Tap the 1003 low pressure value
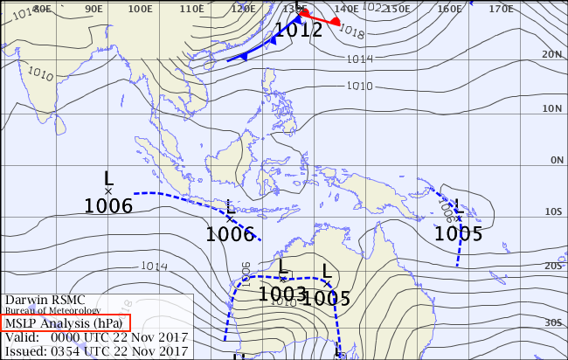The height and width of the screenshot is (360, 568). [x=282, y=294]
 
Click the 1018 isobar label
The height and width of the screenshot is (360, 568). [x=350, y=31]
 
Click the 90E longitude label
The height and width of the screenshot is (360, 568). [x=90, y=9]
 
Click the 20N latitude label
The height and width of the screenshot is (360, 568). [x=551, y=54]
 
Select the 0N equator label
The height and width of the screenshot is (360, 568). [x=554, y=161]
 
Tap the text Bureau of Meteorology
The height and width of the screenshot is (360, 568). [x=52, y=310]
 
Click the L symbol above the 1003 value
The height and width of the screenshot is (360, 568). [x=283, y=267]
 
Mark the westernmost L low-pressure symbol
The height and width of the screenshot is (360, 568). [x=108, y=178]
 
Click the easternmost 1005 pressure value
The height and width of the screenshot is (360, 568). [x=459, y=233]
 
